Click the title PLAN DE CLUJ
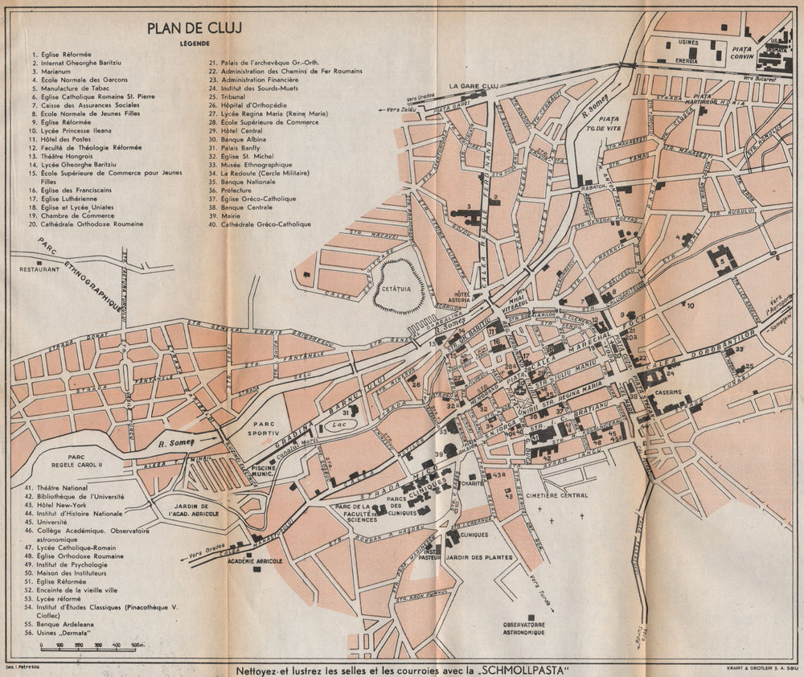(195, 29)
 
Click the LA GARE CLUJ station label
(475, 85)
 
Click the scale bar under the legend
(88, 645)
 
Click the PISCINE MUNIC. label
(264, 472)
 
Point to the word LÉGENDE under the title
(195, 43)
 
